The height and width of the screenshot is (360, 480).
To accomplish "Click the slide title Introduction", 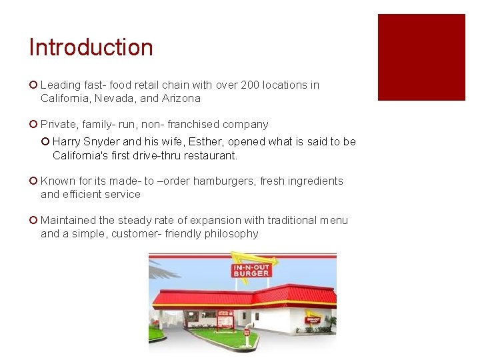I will [x=91, y=47].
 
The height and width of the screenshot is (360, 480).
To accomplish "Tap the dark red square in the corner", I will [x=421, y=57].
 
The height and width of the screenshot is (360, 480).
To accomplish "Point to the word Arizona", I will [x=179, y=98].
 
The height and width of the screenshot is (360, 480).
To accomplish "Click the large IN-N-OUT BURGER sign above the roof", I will [x=251, y=270].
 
